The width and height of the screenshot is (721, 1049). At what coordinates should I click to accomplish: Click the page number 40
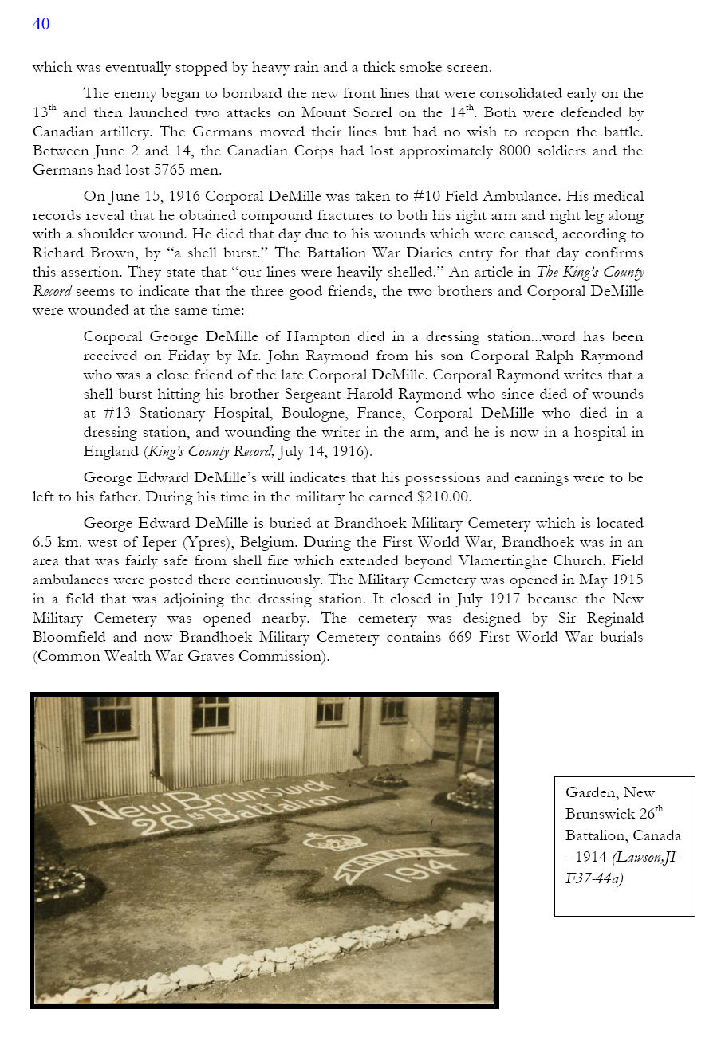click(41, 24)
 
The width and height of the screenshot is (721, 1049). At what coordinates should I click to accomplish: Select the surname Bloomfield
click(72, 637)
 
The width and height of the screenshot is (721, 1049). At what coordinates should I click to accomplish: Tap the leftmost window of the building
click(108, 716)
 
